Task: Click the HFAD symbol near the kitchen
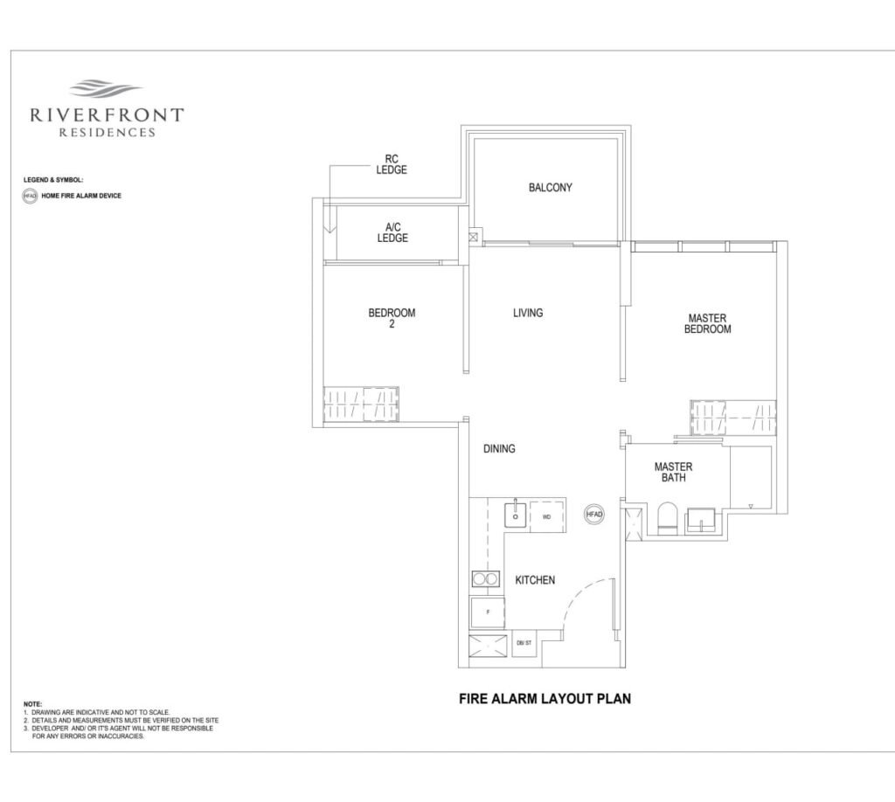click(594, 514)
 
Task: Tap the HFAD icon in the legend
click(30, 196)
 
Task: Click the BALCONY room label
click(551, 187)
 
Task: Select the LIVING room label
click(528, 313)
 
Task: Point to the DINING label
click(499, 448)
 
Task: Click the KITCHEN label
click(535, 579)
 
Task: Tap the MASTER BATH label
click(674, 472)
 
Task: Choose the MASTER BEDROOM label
click(708, 323)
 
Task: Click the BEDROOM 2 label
click(392, 318)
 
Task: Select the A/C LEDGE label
click(392, 232)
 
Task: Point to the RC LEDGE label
click(392, 164)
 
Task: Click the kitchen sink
click(516, 515)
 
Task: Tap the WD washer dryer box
click(547, 515)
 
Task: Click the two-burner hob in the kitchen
click(486, 579)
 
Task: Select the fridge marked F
click(488, 612)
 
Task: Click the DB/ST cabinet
click(524, 643)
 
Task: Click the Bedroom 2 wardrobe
click(361, 404)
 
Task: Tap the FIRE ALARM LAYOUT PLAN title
click(545, 698)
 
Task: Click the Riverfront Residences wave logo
click(106, 89)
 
